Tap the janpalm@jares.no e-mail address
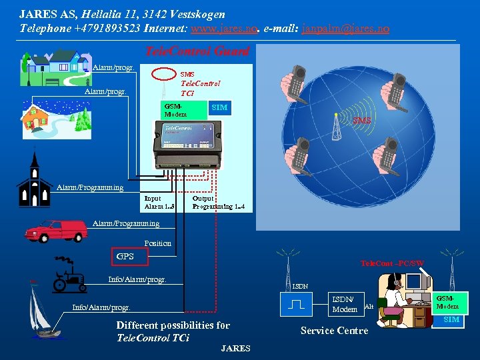pyautogui.click(x=346, y=29)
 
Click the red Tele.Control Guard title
pyautogui.click(x=197, y=51)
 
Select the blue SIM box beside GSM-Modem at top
pyautogui.click(x=219, y=107)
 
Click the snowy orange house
pyautogui.click(x=47, y=119)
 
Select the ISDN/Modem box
pyautogui.click(x=344, y=304)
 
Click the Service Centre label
pyautogui.click(x=334, y=331)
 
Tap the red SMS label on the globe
pyautogui.click(x=362, y=120)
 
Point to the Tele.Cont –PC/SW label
pyautogui.click(x=392, y=264)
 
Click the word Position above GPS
pyautogui.click(x=157, y=243)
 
